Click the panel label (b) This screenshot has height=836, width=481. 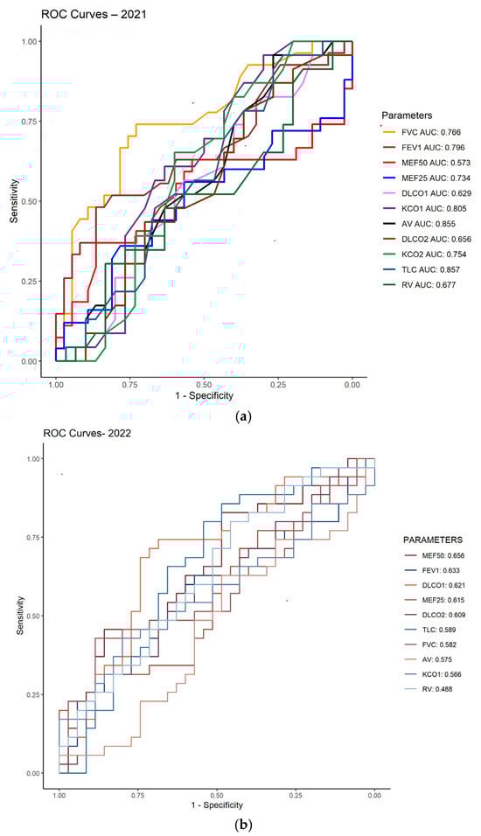(240, 824)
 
